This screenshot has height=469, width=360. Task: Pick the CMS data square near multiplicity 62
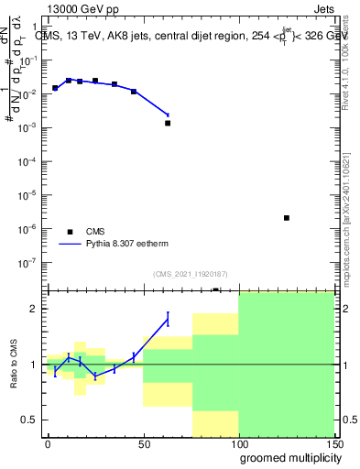coord(168,123)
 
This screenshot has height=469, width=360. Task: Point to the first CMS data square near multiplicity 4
coord(55,88)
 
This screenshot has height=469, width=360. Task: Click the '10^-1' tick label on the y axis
coord(30,60)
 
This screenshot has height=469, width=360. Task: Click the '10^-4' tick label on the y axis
coord(30,161)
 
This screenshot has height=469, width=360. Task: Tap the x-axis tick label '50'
coord(143,443)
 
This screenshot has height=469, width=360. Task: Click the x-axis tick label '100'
coord(238,443)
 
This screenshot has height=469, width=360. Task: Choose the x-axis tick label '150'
coord(333,443)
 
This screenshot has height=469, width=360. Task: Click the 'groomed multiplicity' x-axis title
coord(288,458)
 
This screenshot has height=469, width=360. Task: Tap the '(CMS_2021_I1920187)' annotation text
coord(189,274)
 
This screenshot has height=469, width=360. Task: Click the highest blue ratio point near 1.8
coord(168,319)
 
